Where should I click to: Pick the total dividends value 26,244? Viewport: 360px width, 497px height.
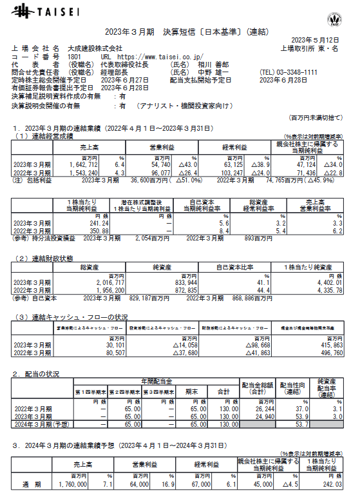pos(253,409)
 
